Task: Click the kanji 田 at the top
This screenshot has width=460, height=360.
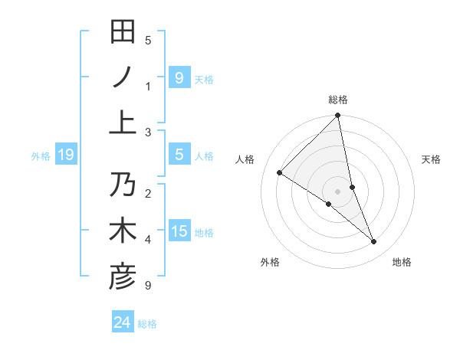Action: (123, 31)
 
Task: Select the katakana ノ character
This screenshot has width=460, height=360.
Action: (123, 77)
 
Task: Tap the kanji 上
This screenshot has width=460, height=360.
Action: (123, 123)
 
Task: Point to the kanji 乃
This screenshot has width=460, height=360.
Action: (123, 185)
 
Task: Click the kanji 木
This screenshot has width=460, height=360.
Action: (123, 231)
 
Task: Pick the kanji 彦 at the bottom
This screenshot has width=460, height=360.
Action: (123, 277)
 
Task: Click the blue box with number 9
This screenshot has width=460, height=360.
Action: (179, 77)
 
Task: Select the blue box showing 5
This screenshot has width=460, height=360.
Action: (179, 155)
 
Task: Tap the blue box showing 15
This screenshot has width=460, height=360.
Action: (179, 231)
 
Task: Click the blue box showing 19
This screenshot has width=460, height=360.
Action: (66, 155)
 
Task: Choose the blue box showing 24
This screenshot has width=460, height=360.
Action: (122, 322)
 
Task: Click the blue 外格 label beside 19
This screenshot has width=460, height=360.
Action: (41, 156)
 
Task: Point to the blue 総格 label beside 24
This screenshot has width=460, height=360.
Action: (147, 324)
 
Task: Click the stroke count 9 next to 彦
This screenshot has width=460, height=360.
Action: (147, 286)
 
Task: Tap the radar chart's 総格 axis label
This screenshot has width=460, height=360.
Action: (338, 100)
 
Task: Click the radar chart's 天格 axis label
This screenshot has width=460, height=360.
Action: (431, 159)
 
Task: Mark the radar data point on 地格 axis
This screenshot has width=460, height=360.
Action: (374, 241)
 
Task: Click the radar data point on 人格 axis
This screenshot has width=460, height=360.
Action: (279, 172)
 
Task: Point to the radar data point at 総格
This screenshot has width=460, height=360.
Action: (338, 116)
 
